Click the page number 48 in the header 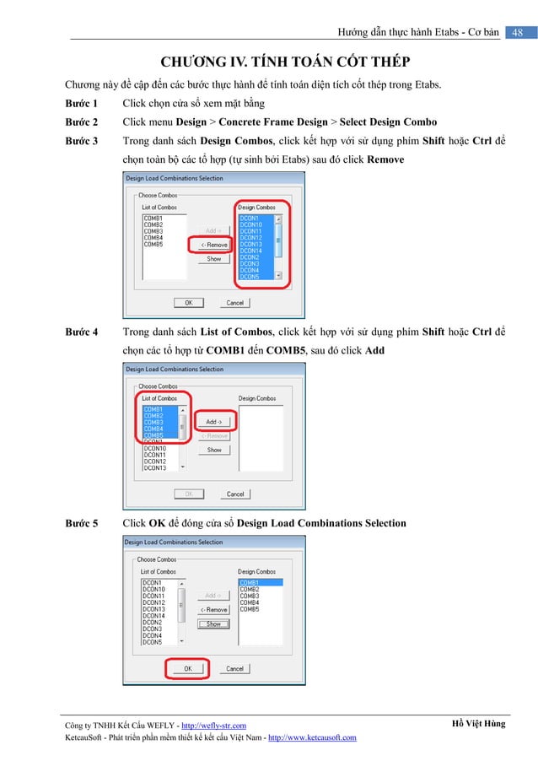click(518, 32)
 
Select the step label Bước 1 click(82, 104)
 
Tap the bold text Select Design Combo click(388, 122)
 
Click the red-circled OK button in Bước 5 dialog click(188, 668)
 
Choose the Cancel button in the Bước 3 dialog click(235, 302)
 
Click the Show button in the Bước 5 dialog click(214, 623)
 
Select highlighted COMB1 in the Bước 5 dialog click(250, 583)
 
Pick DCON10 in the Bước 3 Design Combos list click(251, 224)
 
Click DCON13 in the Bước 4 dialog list click(154, 467)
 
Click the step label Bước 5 click(82, 523)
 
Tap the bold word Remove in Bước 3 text click(386, 159)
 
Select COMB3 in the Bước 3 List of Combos click(153, 231)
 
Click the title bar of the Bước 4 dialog click(215, 369)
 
